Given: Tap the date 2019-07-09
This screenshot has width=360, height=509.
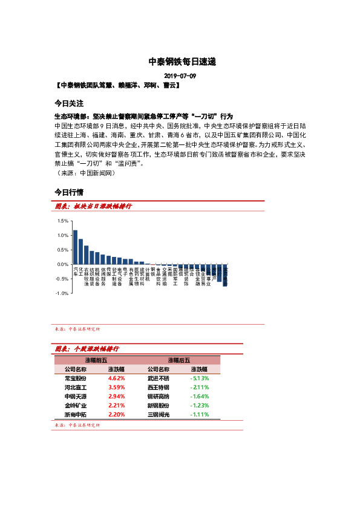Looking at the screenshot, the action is pos(180,76).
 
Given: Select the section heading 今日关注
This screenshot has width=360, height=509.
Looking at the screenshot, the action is pos(68,103).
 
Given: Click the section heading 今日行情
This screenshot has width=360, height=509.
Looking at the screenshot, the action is pos(68,192).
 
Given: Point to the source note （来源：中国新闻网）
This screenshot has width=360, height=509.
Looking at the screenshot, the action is pos(84,172).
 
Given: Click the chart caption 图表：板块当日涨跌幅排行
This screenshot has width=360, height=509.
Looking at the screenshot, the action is pos(93,207).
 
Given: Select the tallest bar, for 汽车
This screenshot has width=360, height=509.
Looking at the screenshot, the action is pos(75,247).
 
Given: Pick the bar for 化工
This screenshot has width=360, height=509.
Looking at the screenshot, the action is pos(80,251).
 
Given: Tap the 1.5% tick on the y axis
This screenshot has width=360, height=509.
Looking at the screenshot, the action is pos(63,221).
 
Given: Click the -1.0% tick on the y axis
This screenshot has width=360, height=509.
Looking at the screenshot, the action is pos(62,293).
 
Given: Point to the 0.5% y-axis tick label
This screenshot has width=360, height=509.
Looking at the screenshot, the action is pos(63,250).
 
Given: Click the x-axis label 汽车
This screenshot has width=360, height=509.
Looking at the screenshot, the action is pos(75,271).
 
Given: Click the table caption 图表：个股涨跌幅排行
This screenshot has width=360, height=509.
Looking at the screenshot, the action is pos(87,349).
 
